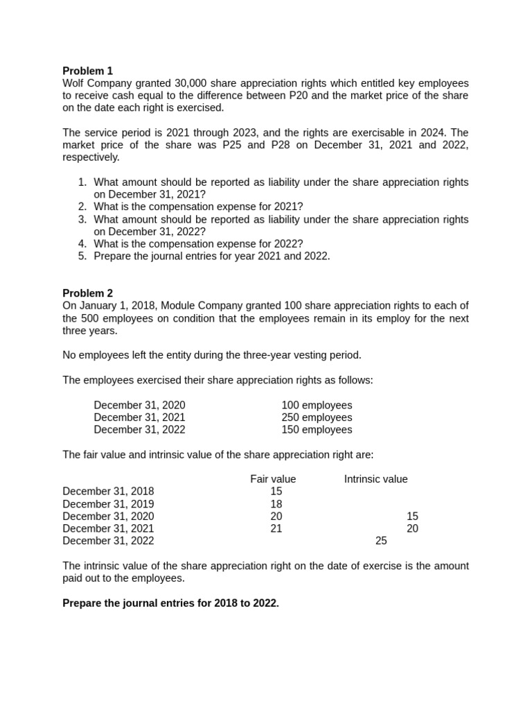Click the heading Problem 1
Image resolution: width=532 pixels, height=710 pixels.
coord(87,71)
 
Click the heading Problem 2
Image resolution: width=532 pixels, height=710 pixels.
coord(87,293)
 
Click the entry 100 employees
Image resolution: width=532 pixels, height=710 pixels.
coord(317,405)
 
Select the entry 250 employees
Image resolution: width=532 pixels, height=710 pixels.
coord(317,417)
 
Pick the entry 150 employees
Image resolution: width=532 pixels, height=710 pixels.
coord(317,430)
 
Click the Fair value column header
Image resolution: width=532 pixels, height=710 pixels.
coord(273,479)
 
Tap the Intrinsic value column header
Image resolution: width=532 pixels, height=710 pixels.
coord(375,479)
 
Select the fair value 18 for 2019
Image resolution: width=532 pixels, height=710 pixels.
coord(276,504)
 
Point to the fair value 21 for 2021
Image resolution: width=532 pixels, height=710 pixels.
coord(276,528)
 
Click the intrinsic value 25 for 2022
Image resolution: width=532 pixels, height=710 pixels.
coord(381,541)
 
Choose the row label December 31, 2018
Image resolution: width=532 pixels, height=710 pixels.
coord(108,492)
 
